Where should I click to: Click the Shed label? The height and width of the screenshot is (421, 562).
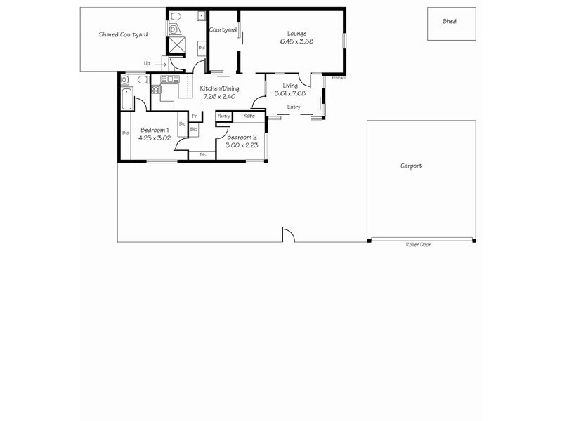pyautogui.click(x=449, y=22)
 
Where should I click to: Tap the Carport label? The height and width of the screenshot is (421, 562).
pyautogui.click(x=411, y=166)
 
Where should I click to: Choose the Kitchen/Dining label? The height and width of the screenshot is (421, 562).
pyautogui.click(x=219, y=88)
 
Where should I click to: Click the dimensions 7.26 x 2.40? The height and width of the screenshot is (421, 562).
pyautogui.click(x=219, y=97)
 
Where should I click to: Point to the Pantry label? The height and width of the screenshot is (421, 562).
pyautogui.click(x=224, y=116)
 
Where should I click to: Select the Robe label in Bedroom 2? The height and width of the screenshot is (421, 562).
pyautogui.click(x=249, y=116)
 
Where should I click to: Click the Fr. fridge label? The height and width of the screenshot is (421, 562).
pyautogui.click(x=195, y=116)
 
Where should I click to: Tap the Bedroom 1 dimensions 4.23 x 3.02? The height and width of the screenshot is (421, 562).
pyautogui.click(x=154, y=138)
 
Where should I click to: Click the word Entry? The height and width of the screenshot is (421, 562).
pyautogui.click(x=294, y=107)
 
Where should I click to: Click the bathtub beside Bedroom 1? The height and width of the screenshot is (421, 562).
pyautogui.click(x=126, y=99)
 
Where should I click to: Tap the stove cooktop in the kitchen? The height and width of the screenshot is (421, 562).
pyautogui.click(x=155, y=89)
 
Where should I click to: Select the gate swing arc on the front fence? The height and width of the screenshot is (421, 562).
pyautogui.click(x=287, y=235)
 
